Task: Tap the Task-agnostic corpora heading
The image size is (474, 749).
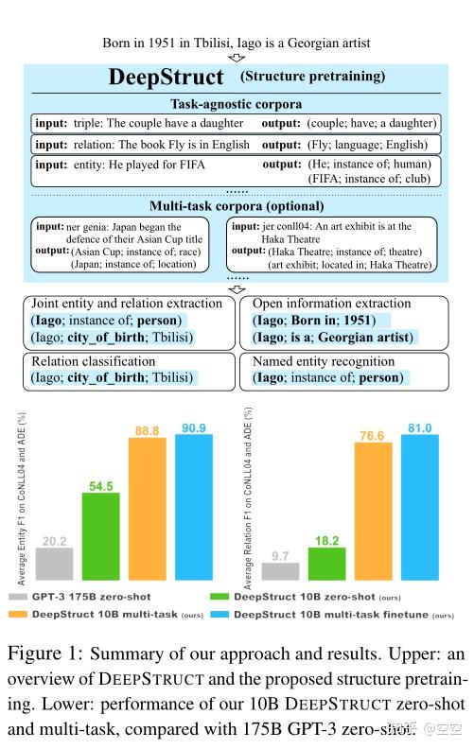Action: pyautogui.click(x=236, y=104)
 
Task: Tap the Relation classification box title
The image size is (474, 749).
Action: pyautogui.click(x=91, y=362)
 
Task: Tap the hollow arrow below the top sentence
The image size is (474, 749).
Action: pyautogui.click(x=237, y=57)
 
